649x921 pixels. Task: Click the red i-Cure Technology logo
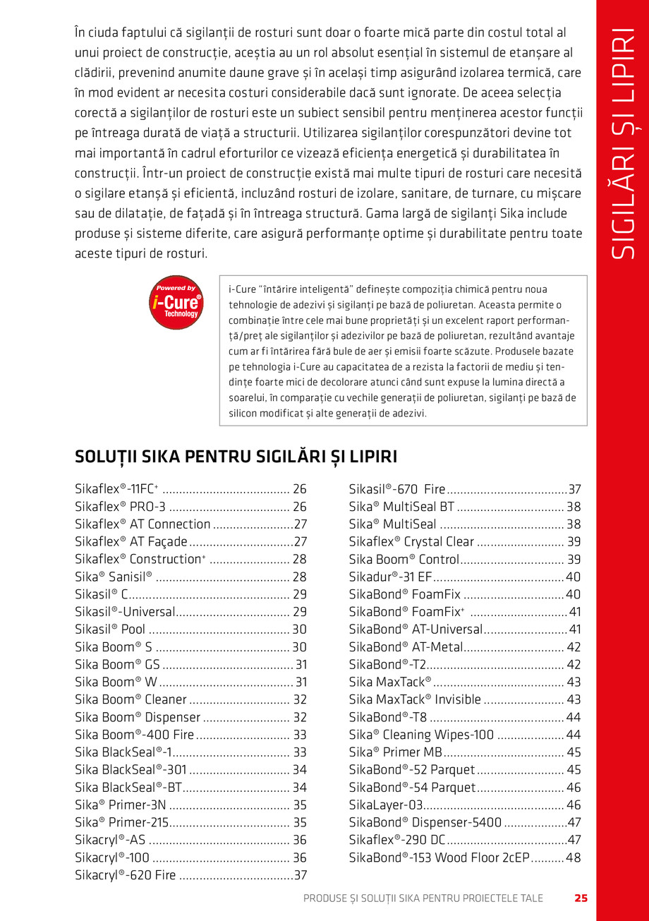pos(176,302)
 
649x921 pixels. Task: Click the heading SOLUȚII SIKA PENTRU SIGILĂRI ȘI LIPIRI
pos(236,456)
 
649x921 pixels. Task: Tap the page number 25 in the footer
pos(581,898)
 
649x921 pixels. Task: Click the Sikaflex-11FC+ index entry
pos(117,489)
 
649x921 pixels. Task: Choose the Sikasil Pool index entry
pos(110,630)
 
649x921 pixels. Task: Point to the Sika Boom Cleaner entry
pos(131,699)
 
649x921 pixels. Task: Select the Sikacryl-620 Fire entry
pos(126,875)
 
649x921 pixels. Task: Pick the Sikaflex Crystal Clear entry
pos(411,542)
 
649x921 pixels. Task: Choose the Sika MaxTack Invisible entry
pos(415,699)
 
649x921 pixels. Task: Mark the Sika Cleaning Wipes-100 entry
pos(421,735)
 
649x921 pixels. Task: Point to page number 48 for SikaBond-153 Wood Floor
pos(573,858)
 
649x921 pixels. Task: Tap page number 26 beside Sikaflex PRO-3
pos(299,507)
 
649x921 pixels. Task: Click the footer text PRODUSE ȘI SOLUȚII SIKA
pos(423,898)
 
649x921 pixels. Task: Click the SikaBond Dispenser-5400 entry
pos(425,822)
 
